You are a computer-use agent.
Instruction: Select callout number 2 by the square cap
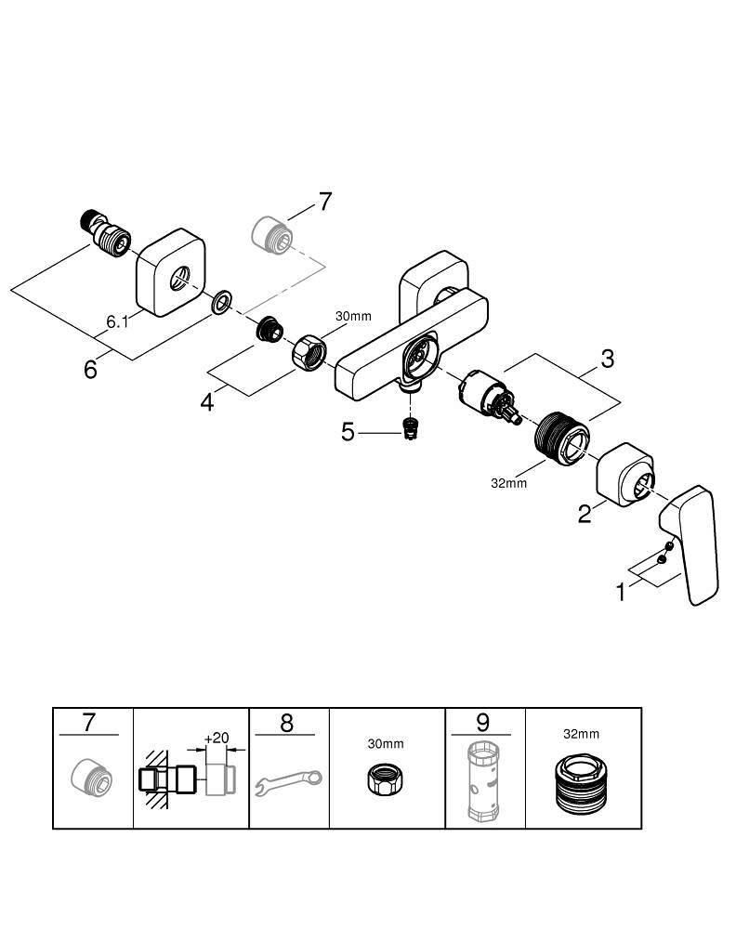(x=585, y=513)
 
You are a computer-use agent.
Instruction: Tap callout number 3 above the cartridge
(x=607, y=359)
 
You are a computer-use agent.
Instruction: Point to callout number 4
(x=207, y=402)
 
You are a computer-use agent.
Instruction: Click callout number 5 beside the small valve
(x=348, y=432)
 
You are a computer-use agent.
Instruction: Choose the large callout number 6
(x=90, y=369)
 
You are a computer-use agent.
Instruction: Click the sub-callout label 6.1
(x=116, y=322)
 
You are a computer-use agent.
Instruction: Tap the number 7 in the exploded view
(x=324, y=202)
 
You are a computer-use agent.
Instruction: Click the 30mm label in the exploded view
(x=353, y=317)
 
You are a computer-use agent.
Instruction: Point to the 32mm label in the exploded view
(x=508, y=483)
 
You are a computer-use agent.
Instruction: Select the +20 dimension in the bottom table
(x=217, y=738)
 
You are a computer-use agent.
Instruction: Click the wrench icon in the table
(x=289, y=781)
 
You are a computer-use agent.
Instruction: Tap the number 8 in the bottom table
(x=286, y=722)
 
